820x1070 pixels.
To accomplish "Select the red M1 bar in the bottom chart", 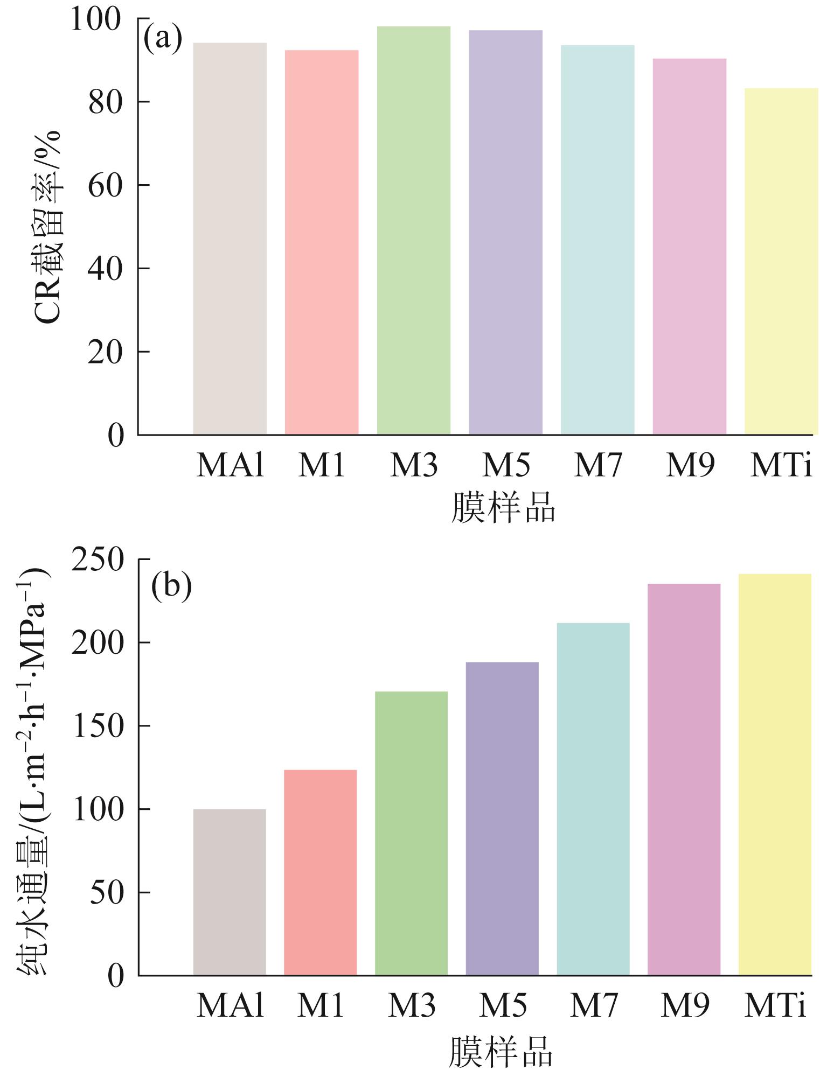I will click(x=320, y=872).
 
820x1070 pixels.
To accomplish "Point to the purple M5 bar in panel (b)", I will click(x=502, y=819).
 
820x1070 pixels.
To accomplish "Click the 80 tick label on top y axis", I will click(x=106, y=102).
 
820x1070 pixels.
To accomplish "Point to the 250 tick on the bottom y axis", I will click(x=98, y=560).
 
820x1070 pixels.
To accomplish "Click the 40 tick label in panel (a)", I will click(x=106, y=269).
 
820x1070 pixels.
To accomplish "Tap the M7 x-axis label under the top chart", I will click(x=598, y=465).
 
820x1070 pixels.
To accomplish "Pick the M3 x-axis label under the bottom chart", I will click(x=412, y=1005).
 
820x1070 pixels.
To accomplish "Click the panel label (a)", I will click(x=162, y=39).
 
